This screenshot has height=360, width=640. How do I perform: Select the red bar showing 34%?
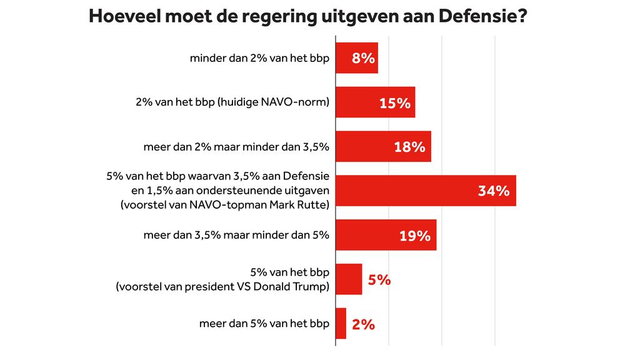coord(425,191)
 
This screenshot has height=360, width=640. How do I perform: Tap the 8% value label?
coord(363,59)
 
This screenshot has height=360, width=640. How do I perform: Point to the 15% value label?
coord(395,103)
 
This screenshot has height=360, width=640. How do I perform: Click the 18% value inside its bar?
coord(409,147)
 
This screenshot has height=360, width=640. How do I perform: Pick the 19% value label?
coord(415,236)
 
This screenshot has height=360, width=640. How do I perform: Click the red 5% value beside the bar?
coord(379,280)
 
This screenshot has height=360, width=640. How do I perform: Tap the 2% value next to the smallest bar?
coord(363,324)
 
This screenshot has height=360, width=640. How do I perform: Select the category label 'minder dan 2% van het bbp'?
coord(259,59)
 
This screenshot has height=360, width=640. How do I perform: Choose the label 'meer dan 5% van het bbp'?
coord(264,324)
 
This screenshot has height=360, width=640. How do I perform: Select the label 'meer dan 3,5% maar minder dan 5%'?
coord(236,236)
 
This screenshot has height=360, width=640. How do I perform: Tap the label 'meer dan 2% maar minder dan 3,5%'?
coord(236,147)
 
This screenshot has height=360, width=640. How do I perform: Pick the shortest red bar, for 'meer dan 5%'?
coord(341,324)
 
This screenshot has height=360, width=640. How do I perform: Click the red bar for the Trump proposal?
coord(349,279)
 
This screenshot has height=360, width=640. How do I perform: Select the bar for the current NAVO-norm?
coord(375,102)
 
